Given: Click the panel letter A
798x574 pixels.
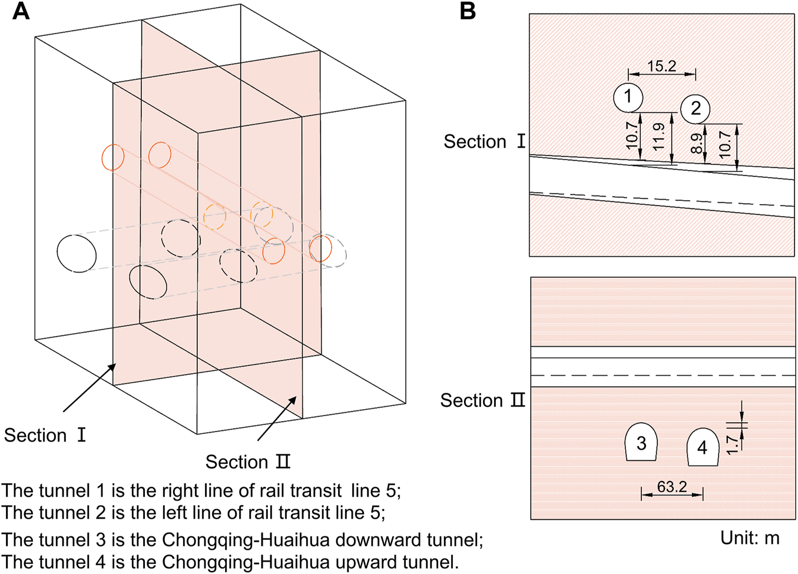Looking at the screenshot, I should click(21, 11).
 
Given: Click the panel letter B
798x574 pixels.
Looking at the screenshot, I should click(468, 11).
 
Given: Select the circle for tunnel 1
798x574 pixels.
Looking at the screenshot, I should click(628, 97).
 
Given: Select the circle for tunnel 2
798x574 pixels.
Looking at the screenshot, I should click(696, 108).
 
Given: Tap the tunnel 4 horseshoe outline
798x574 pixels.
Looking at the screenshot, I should click(702, 447).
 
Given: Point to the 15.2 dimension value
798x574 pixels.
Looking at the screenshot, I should click(661, 66).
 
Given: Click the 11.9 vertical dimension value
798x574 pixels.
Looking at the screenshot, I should click(658, 136).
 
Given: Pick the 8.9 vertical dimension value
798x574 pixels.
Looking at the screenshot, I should click(697, 143).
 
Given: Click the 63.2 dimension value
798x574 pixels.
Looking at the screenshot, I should click(672, 487).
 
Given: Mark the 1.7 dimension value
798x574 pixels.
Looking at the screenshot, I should click(732, 444).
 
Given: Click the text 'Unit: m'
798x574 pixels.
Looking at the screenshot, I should click(749, 537).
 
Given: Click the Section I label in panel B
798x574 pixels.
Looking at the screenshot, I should click(484, 142).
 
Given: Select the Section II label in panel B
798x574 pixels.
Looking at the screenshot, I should click(482, 401).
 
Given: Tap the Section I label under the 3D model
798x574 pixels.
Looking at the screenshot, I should click(45, 436).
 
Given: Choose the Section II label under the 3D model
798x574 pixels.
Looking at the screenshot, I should click(248, 462).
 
